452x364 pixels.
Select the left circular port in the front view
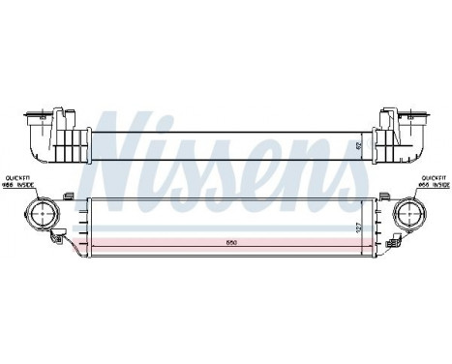[x=44, y=212]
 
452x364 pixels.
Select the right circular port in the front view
[x=408, y=213]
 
